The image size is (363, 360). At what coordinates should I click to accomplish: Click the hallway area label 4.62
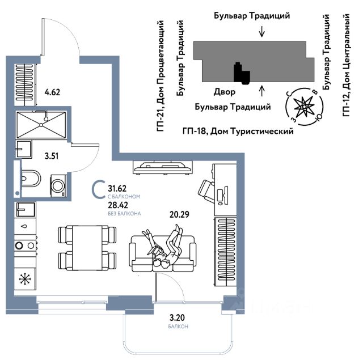tap(52, 92)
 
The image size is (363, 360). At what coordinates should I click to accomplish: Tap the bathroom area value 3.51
tap(52, 156)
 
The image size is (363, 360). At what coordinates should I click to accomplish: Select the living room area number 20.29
tap(179, 214)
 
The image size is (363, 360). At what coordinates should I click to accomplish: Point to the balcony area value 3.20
tap(177, 317)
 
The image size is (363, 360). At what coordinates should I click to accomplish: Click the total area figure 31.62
tap(117, 189)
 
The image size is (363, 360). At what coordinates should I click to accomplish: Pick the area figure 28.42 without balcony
tap(118, 205)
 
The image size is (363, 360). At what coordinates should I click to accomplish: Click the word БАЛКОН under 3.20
tap(178, 327)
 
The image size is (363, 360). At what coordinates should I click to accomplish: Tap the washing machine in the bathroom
tap(58, 186)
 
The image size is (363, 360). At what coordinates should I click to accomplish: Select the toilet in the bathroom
tap(31, 179)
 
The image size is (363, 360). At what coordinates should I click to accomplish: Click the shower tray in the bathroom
tap(41, 125)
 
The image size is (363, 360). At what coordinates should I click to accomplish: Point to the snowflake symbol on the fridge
tap(25, 279)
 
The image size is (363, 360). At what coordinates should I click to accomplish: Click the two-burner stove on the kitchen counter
tap(25, 245)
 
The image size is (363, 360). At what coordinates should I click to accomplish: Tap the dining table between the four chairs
tap(87, 248)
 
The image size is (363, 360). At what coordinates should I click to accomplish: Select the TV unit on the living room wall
tap(163, 168)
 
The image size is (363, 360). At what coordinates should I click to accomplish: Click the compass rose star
tap(303, 107)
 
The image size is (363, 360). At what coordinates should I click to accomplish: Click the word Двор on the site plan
tap(225, 92)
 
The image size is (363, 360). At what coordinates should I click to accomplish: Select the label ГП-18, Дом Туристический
tap(238, 132)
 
